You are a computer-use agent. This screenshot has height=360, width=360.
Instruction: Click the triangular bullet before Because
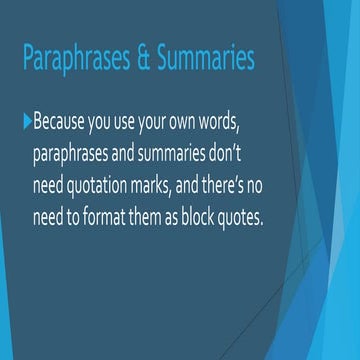[x=25, y=122]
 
